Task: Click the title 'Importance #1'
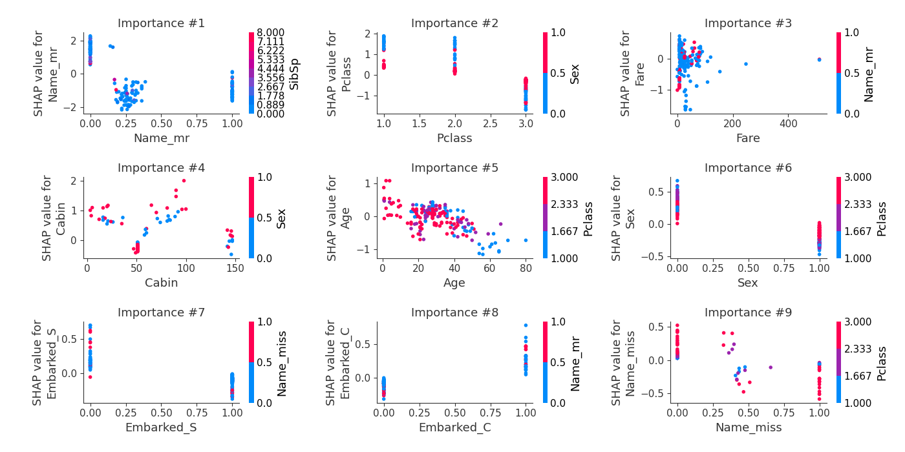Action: [x=161, y=24]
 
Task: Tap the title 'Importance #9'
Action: [x=748, y=313]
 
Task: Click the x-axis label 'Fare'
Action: [x=748, y=138]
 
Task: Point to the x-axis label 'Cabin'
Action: [x=161, y=283]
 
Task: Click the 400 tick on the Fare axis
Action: [x=788, y=123]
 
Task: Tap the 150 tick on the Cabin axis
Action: [x=235, y=267]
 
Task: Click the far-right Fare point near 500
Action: [x=819, y=59]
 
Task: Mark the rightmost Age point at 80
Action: [x=526, y=240]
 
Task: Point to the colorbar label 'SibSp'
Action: [x=294, y=73]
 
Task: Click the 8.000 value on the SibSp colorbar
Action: [x=271, y=33]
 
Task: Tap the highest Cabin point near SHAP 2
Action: [x=184, y=181]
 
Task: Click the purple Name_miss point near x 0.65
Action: [x=771, y=367]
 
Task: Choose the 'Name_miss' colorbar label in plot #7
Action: [x=282, y=362]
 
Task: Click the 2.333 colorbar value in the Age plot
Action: [x=564, y=204]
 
